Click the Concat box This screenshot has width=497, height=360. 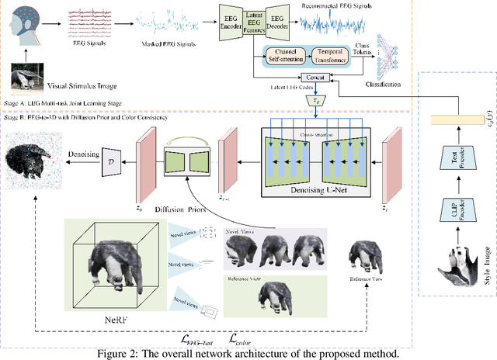pos(316,78)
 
